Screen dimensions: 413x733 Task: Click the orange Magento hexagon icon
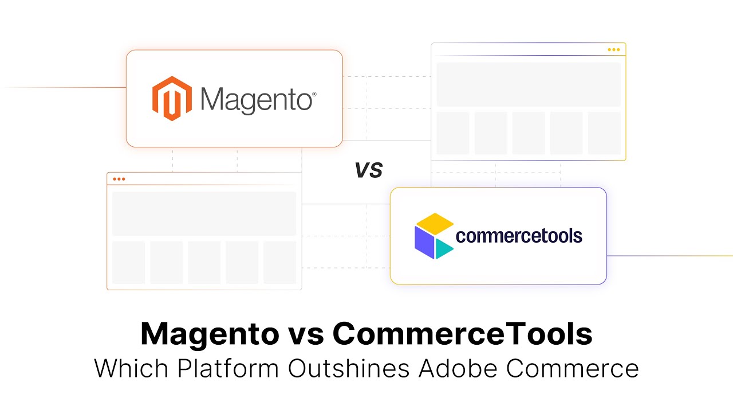point(172,99)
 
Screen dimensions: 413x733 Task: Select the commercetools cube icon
point(434,236)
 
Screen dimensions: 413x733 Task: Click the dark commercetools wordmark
point(519,236)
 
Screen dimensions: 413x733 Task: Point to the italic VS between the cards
point(368,169)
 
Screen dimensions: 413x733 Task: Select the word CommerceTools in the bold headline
point(463,334)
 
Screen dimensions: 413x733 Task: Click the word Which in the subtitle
point(131,368)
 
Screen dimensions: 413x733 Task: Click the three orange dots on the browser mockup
point(119,179)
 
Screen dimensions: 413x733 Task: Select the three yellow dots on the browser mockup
point(613,50)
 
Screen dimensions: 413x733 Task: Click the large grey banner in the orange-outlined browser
point(204,213)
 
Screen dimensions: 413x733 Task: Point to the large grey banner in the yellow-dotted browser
point(528,84)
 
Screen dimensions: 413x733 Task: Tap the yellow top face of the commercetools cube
point(434,223)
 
